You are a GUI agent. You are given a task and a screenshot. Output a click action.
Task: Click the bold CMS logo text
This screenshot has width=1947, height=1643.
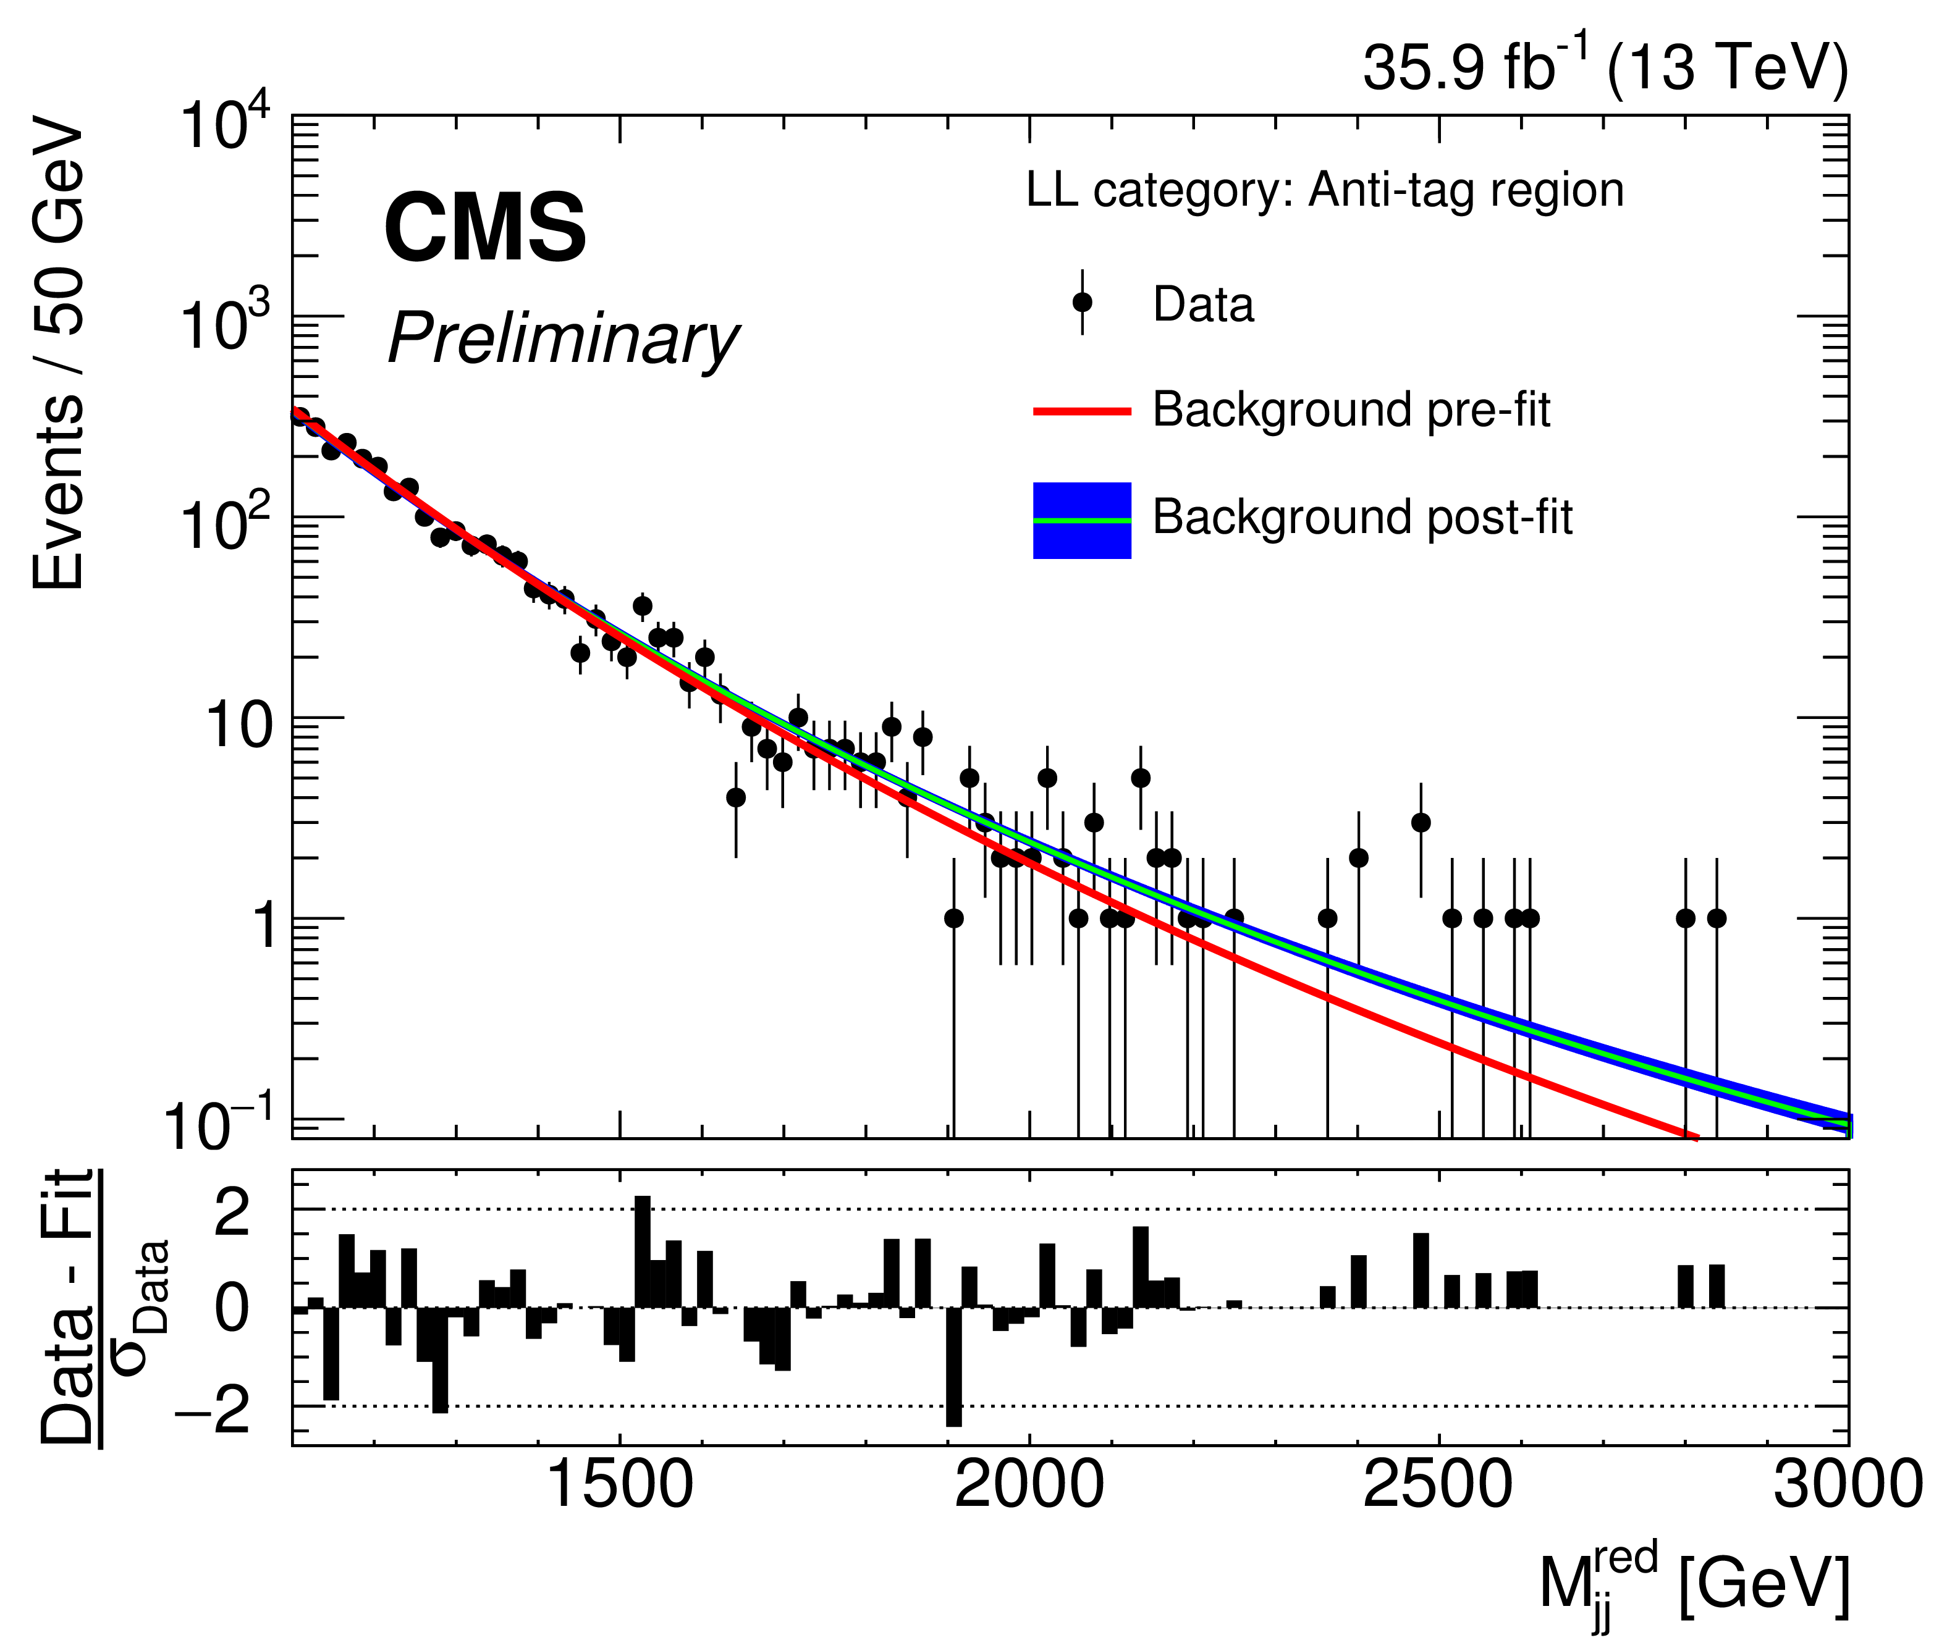pos(484,229)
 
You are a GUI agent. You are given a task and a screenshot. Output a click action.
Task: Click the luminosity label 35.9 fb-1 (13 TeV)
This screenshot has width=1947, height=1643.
pos(1604,67)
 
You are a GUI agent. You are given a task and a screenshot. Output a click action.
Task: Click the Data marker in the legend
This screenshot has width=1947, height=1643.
pos(1081,303)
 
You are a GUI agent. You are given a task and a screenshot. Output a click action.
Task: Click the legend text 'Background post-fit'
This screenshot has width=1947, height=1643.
pos(1362,517)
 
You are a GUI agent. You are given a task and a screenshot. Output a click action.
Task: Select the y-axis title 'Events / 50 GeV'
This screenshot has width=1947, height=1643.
pos(57,354)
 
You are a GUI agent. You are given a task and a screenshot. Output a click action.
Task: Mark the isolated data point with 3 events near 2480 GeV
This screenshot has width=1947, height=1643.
pos(1421,823)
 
